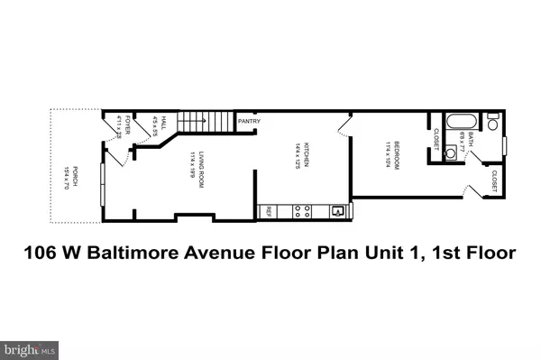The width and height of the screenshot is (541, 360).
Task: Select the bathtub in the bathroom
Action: pos(455,121)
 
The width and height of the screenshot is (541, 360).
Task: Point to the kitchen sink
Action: pos(336,212)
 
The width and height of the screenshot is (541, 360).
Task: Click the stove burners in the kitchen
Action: pos(303,213)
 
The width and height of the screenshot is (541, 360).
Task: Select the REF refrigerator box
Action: pos(269,213)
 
